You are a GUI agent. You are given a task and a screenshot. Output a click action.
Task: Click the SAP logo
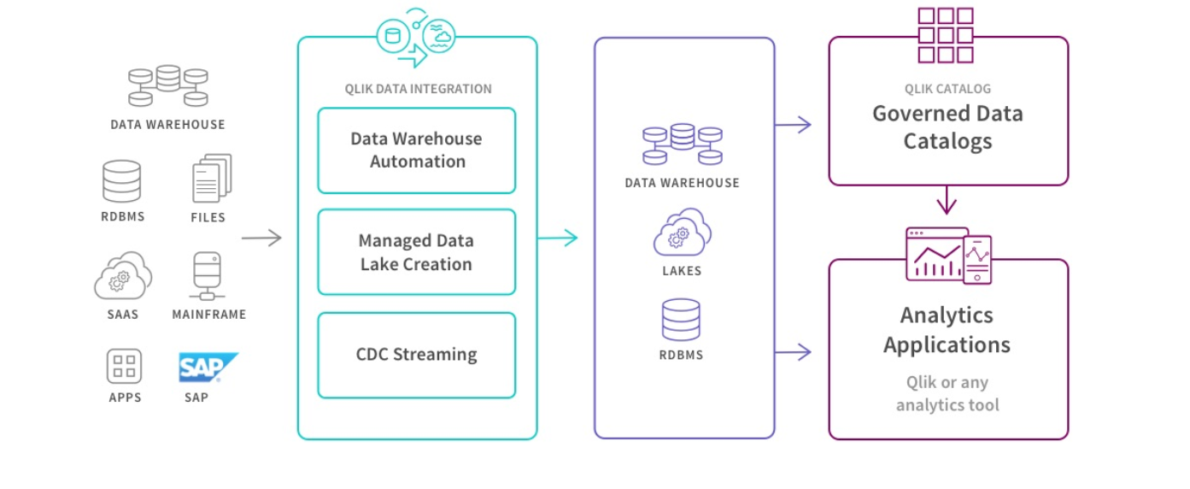click(208, 367)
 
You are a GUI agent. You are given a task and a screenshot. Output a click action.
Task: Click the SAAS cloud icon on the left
click(123, 275)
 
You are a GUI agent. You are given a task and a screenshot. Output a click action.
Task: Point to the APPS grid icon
click(125, 366)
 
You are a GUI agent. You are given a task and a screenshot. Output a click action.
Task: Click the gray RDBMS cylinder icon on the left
click(121, 180)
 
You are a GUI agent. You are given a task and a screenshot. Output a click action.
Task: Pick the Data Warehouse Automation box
click(417, 150)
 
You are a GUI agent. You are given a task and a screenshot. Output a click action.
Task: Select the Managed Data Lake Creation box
click(417, 252)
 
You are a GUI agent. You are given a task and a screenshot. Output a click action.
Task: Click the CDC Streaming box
click(417, 355)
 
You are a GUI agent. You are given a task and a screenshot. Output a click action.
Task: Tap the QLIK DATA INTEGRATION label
click(418, 89)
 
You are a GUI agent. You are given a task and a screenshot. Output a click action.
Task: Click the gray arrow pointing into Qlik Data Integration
click(261, 239)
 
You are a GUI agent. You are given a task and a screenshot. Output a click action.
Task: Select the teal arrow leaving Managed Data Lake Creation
click(558, 239)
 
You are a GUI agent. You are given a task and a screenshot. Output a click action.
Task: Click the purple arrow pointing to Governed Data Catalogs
click(793, 126)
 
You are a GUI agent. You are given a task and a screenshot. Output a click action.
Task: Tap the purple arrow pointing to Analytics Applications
click(793, 351)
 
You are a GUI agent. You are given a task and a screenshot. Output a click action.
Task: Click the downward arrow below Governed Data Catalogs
click(947, 202)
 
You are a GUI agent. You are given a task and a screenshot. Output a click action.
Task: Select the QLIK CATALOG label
click(947, 89)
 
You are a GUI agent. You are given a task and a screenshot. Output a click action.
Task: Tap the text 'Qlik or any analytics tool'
click(947, 393)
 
